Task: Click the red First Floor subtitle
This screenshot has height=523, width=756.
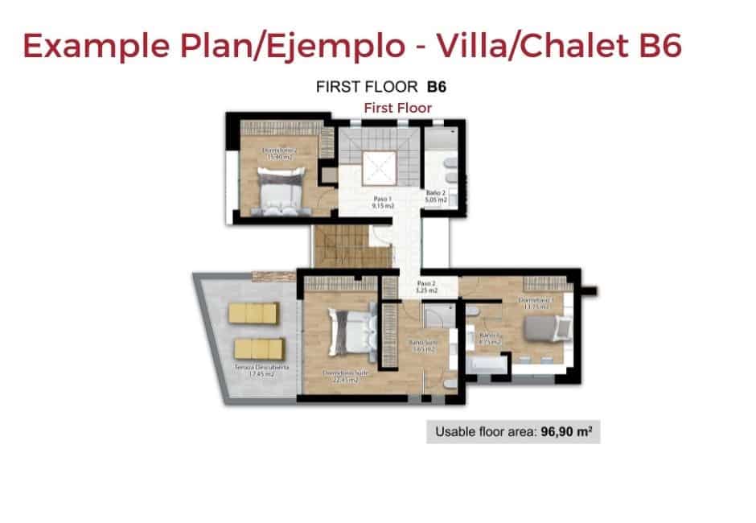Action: pyautogui.click(x=397, y=107)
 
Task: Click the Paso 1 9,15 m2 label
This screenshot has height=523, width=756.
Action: pyautogui.click(x=383, y=202)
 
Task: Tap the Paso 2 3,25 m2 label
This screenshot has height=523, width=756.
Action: pyautogui.click(x=427, y=286)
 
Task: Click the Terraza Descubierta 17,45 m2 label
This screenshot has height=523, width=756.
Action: pyautogui.click(x=254, y=371)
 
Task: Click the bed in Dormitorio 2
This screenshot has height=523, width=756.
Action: pyautogui.click(x=275, y=190)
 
